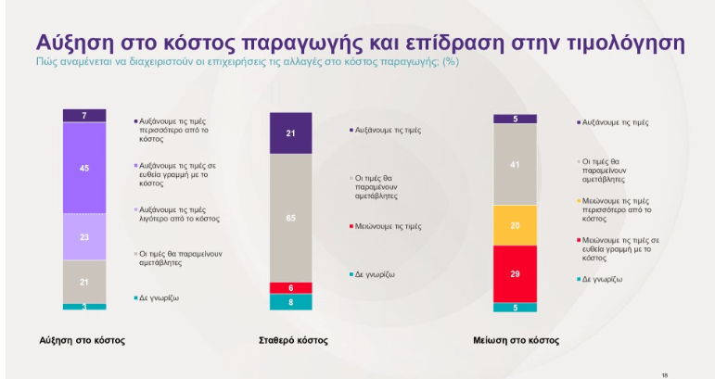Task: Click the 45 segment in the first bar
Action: pos(84,168)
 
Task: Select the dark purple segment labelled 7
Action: pos(84,116)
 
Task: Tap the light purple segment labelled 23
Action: pos(84,236)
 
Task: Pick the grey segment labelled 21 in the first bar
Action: pos(84,281)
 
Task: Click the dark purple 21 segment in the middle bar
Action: pos(291,133)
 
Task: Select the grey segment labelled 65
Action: pos(291,217)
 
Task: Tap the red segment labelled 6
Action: pos(291,287)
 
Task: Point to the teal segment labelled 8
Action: pos(291,301)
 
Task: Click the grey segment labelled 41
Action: pos(515,164)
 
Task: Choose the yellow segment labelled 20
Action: pos(515,225)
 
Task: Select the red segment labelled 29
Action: pos(515,273)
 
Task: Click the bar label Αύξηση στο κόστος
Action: pos(83,340)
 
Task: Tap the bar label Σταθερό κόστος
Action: pos(291,340)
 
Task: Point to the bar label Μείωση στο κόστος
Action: pos(516,340)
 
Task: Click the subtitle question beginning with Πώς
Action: pos(247,62)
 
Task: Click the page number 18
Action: pos(665,373)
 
